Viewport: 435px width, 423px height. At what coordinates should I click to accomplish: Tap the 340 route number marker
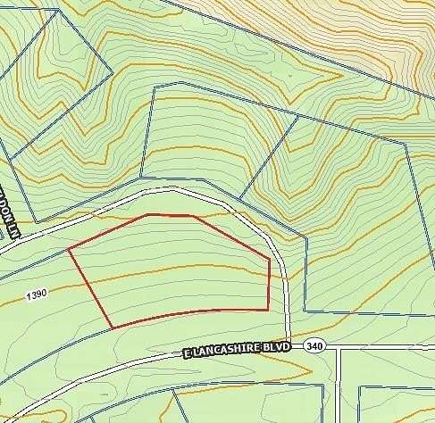(314, 344)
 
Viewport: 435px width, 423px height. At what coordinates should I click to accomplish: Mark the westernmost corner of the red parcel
(69, 250)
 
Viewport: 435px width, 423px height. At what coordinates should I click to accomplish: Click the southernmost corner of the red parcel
(113, 328)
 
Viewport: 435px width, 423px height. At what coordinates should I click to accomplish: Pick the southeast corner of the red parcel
(268, 309)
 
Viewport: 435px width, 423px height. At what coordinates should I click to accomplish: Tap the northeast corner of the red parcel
(269, 261)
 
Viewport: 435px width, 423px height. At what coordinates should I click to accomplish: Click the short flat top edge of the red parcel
(170, 215)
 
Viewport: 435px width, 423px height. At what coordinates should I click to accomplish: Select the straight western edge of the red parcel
(90, 288)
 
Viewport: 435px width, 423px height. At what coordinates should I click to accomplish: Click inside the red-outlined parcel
(179, 268)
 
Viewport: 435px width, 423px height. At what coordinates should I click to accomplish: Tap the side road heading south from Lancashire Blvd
(339, 384)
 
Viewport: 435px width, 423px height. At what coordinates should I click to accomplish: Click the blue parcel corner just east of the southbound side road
(359, 386)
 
